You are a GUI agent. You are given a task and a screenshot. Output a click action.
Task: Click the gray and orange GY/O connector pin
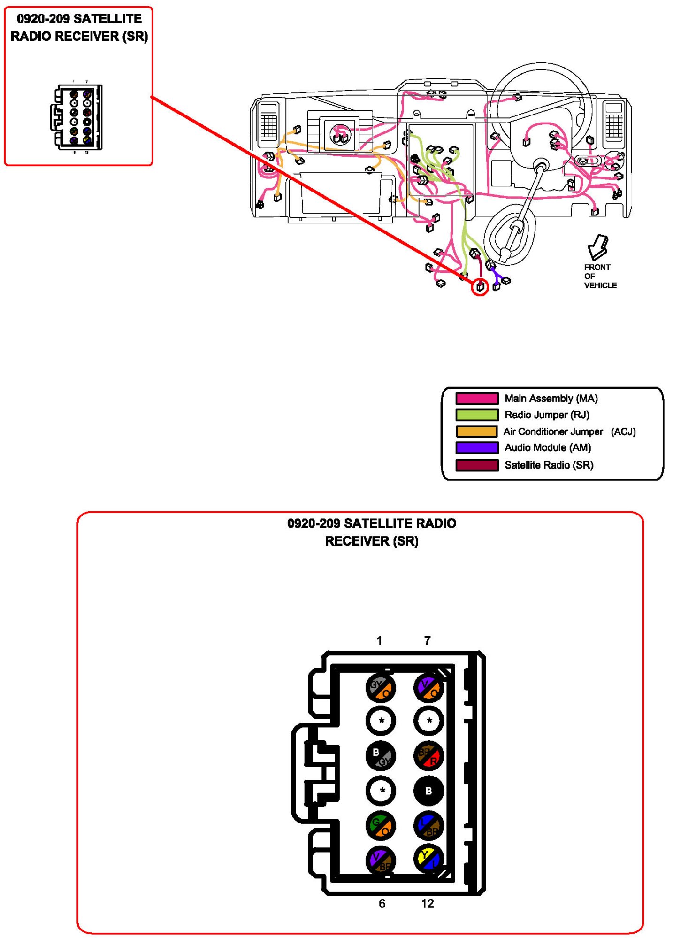coord(381,688)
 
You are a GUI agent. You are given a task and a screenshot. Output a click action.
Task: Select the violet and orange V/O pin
coord(428,688)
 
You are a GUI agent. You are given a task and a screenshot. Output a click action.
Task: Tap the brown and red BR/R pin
coord(428,755)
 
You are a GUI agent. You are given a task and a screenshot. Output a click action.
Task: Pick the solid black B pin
coord(428,791)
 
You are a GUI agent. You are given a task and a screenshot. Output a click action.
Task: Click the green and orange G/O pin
coord(381,826)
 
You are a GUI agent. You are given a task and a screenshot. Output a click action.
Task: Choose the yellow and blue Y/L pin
coord(428,860)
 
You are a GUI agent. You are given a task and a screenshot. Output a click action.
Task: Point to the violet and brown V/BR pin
coord(381,861)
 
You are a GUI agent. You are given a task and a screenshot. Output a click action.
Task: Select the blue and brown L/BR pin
coord(428,826)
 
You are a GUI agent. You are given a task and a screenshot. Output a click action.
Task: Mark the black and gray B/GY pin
coord(381,755)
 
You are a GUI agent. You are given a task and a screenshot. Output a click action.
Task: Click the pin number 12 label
coord(428,904)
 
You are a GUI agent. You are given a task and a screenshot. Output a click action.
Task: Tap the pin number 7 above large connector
coord(427,641)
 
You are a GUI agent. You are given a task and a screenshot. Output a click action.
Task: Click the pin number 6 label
coord(382,904)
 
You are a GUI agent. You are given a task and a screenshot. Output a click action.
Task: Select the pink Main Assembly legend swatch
coord(477,399)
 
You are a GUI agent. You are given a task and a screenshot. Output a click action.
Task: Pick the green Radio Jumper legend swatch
coord(477,415)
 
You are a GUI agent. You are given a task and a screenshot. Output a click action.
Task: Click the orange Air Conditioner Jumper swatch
coord(477,431)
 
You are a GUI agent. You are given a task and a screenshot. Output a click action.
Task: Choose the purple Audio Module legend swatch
coord(477,448)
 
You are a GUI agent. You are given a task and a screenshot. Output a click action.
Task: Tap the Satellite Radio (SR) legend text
coord(549,465)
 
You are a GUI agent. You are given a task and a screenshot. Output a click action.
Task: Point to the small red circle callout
coord(480,287)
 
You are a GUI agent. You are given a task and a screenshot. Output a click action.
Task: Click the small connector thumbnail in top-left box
coord(77,117)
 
